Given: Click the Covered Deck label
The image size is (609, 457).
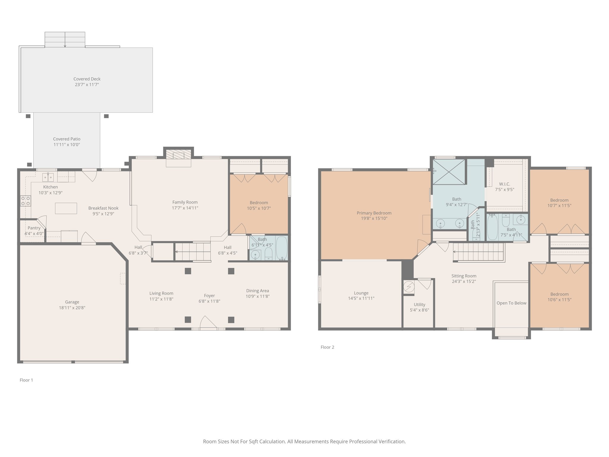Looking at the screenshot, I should [87, 79].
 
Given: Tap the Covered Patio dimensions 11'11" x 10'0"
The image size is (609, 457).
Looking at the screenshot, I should [67, 145].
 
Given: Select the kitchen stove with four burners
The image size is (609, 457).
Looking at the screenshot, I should [26, 201].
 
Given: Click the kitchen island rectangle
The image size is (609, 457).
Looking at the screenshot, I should [66, 208].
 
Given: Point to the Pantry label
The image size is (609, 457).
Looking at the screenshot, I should [34, 228].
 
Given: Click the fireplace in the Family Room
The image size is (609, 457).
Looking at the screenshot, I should [178, 155].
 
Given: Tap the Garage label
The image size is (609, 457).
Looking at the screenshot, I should [72, 302].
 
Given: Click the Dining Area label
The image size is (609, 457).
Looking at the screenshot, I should [258, 291].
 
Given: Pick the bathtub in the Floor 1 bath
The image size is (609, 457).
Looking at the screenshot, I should [281, 248].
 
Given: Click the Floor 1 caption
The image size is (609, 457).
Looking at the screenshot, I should [26, 380].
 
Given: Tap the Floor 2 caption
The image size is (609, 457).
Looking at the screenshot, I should [327, 347].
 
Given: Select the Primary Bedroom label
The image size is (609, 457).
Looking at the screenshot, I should [374, 213].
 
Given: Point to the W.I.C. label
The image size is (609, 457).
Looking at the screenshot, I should [504, 184].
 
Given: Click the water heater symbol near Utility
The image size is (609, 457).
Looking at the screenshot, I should [409, 287].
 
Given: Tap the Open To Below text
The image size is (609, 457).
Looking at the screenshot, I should [511, 303].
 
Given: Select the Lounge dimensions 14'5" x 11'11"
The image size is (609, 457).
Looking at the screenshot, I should [361, 298].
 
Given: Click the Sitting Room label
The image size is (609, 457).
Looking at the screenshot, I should [464, 276].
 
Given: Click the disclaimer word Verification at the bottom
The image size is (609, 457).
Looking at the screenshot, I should [392, 442].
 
